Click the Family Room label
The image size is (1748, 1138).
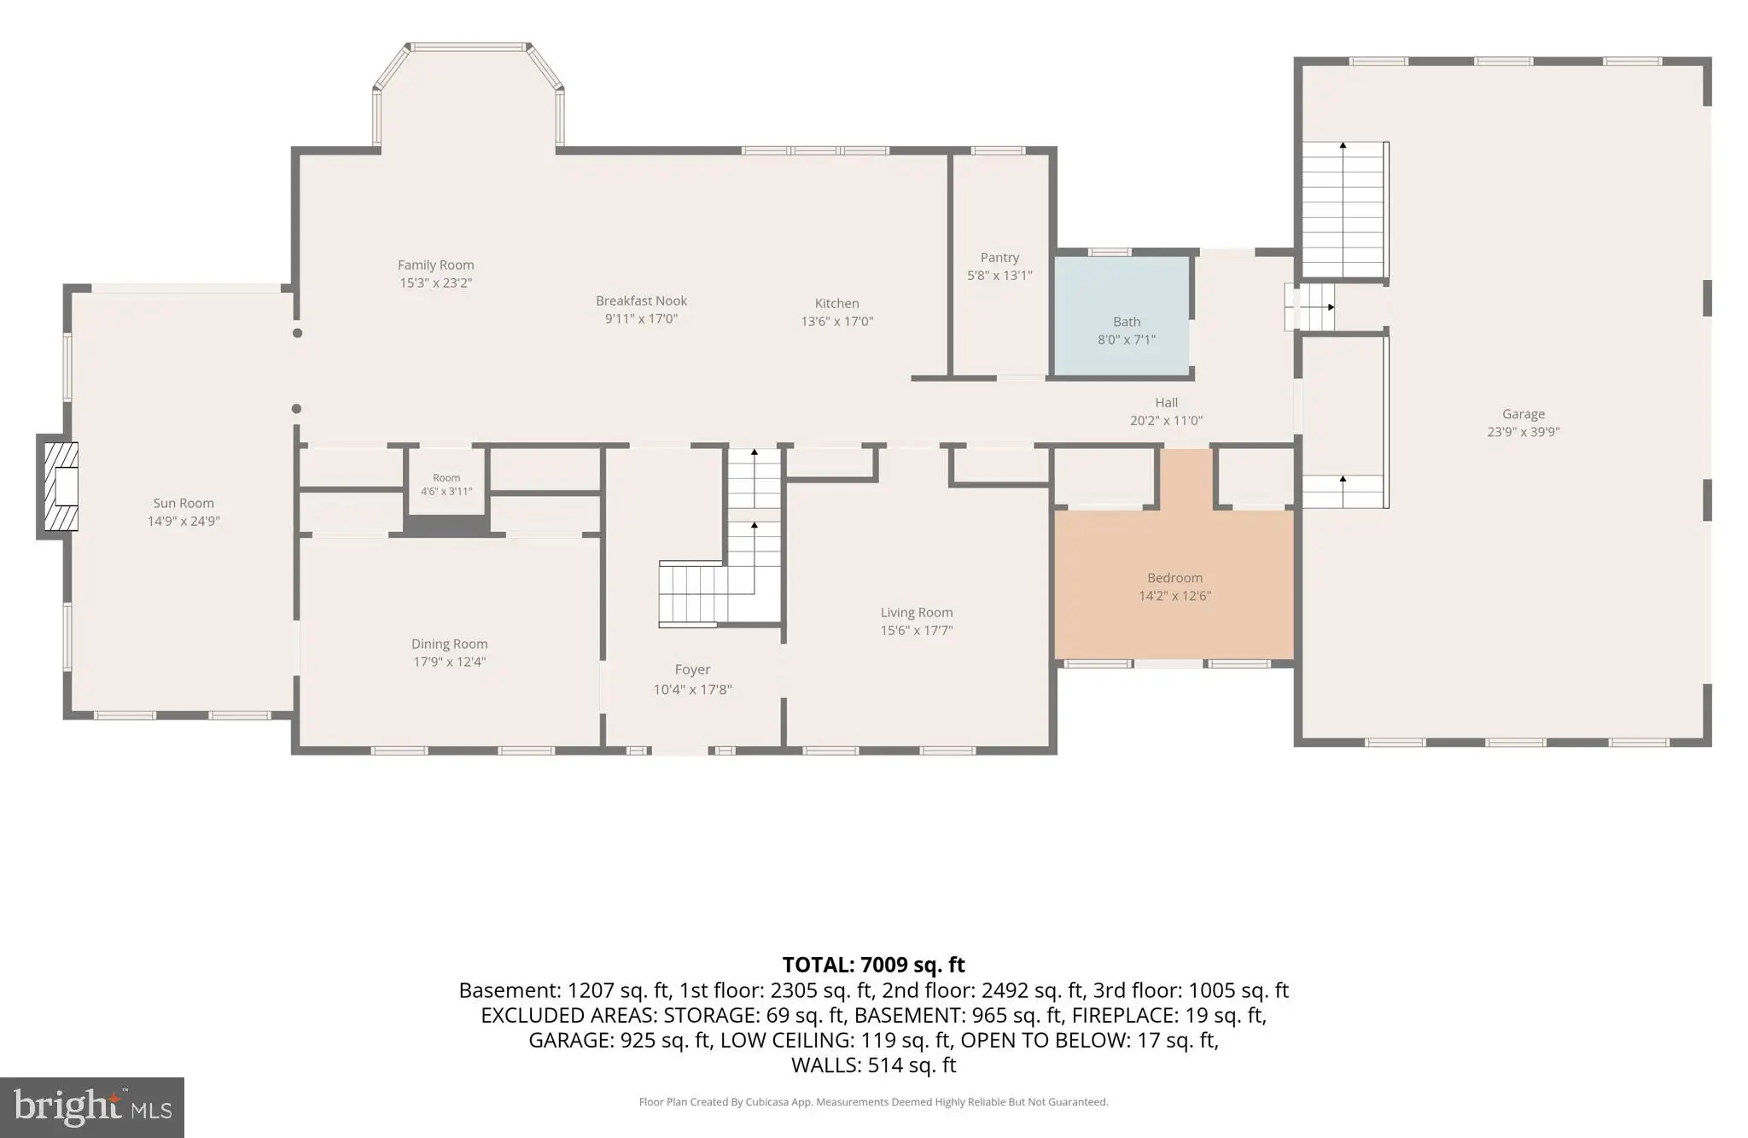[x=435, y=266]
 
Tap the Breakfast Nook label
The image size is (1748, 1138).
[x=641, y=301]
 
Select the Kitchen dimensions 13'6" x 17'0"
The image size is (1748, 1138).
[x=836, y=322]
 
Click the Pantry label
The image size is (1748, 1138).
[x=999, y=258]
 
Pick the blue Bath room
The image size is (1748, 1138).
[x=1122, y=316]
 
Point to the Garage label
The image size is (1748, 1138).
[x=1524, y=414]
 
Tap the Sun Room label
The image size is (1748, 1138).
[x=184, y=504]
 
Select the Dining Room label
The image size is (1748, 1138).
[x=449, y=645]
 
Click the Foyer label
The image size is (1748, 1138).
[x=692, y=670]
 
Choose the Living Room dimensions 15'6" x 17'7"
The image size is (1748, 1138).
[x=917, y=631]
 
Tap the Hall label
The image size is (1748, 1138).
[x=1166, y=403]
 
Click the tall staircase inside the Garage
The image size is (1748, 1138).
[x=1343, y=210]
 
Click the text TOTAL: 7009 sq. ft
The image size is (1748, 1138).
[x=873, y=965]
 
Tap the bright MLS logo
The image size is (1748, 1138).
[x=92, y=1107]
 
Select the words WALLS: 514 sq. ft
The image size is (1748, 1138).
[x=873, y=1065]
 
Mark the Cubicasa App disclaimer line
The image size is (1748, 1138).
[x=873, y=1102]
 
